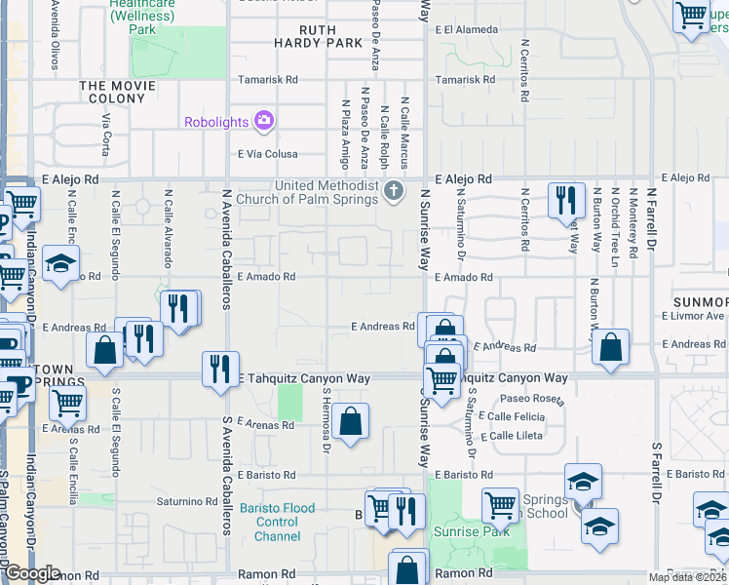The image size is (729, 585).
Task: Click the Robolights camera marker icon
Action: tap(262, 121)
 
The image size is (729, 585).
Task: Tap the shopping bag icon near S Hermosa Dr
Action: tap(350, 421)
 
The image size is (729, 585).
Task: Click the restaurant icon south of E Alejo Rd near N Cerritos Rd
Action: tap(565, 200)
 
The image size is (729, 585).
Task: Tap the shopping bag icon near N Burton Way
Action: tap(610, 346)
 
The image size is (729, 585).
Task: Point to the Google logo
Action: tap(32, 573)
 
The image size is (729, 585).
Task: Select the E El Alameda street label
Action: tap(469, 30)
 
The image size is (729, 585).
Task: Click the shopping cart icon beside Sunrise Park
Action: tap(501, 504)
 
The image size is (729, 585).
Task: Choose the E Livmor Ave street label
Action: tap(693, 316)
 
